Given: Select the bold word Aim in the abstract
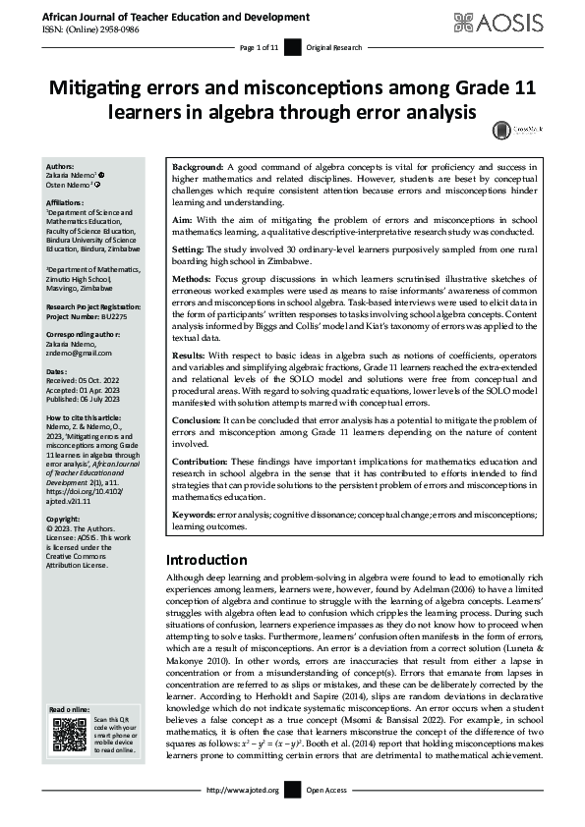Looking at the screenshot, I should point(183,221).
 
